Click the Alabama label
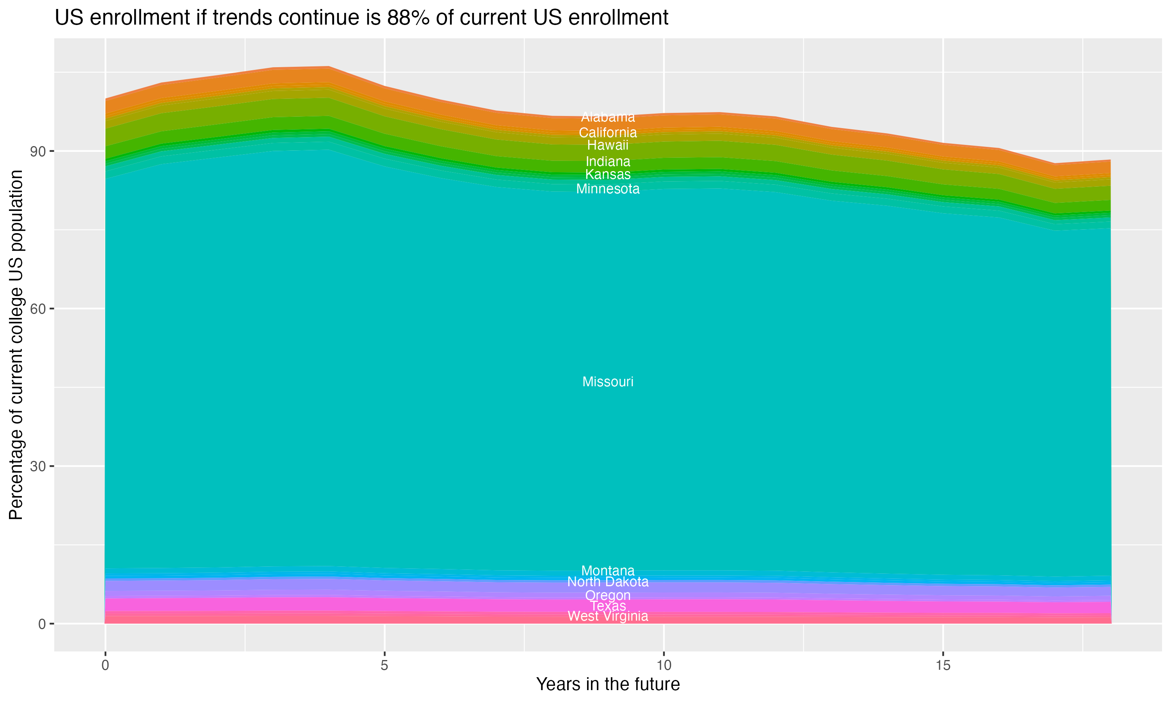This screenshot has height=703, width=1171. [x=608, y=117]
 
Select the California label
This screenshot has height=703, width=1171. [x=608, y=133]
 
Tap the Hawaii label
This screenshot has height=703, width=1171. [x=608, y=145]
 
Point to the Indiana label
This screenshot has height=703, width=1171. [x=608, y=162]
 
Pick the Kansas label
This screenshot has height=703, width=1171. [x=608, y=174]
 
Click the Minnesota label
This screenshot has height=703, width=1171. [x=608, y=189]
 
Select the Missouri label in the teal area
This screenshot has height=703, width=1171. [x=608, y=382]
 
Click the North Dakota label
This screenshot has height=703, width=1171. [x=608, y=582]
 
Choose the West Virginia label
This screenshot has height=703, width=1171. [x=608, y=616]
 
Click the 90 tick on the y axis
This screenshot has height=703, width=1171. [x=37, y=152]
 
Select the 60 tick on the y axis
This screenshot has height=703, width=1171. [x=37, y=309]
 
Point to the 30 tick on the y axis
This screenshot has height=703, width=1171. [x=37, y=466]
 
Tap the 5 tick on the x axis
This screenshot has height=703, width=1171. [x=384, y=666]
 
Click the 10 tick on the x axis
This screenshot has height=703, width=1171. [x=664, y=666]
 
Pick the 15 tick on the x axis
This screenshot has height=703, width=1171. [x=943, y=666]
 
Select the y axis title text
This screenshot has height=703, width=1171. [x=16, y=345]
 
